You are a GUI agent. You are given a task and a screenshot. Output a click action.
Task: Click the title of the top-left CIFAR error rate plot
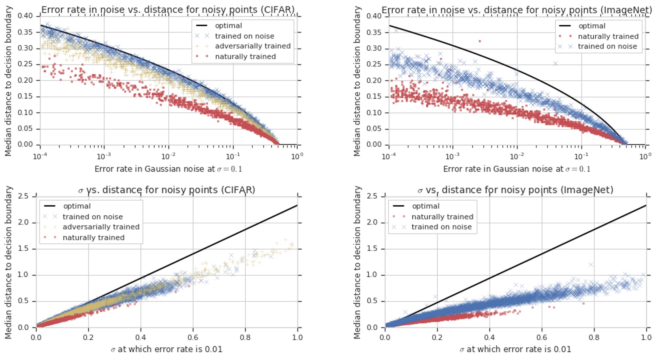(x=168, y=9)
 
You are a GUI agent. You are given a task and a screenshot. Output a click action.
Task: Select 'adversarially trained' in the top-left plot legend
(x=252, y=46)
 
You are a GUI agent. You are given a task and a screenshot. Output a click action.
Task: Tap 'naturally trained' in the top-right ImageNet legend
(x=608, y=36)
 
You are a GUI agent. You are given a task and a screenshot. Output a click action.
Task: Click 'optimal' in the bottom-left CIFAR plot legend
(x=77, y=206)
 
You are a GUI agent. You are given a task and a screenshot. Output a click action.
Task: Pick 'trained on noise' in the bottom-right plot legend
(x=441, y=227)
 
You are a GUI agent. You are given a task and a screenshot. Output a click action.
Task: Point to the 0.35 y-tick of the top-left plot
(x=25, y=32)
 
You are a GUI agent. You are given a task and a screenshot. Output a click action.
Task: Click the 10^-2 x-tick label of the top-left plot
(x=168, y=156)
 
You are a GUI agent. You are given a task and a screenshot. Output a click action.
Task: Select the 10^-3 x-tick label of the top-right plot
(x=452, y=156)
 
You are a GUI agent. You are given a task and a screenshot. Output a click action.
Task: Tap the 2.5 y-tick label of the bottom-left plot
(x=23, y=196)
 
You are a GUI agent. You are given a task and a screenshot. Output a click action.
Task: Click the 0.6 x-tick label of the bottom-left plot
(x=193, y=337)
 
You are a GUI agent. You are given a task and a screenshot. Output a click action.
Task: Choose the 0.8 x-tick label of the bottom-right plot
(x=594, y=337)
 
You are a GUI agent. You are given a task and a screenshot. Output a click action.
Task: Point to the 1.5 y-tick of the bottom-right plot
(x=372, y=249)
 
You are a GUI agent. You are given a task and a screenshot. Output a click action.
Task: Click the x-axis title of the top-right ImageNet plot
(x=517, y=169)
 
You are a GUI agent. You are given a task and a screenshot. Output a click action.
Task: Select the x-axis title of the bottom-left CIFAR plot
(x=167, y=349)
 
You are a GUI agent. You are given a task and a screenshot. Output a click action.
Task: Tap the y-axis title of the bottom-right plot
(x=357, y=262)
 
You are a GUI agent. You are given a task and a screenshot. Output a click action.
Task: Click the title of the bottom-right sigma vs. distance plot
(x=515, y=190)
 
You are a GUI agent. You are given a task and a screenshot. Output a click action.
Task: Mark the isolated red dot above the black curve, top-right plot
(x=480, y=41)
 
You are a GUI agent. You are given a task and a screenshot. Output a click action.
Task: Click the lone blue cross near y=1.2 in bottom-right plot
(x=591, y=264)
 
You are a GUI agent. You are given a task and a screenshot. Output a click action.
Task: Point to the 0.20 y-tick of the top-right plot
(x=374, y=80)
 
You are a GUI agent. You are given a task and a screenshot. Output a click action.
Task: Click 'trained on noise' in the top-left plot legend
(x=244, y=36)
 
